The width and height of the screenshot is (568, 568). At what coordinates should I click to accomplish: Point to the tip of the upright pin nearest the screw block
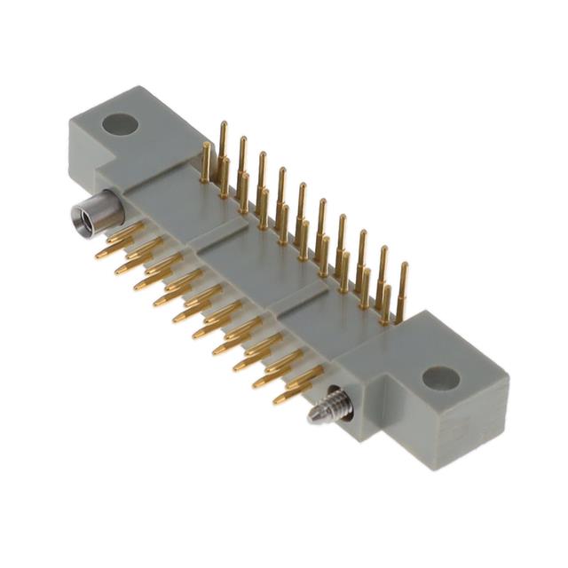404,266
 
